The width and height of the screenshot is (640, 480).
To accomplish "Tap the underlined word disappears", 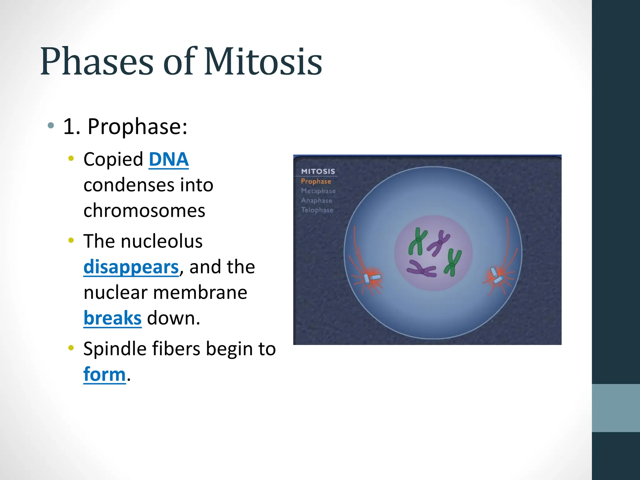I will tap(131, 267).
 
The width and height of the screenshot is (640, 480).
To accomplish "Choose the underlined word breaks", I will tap(112, 318).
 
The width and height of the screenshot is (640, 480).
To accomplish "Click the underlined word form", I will tap(104, 374).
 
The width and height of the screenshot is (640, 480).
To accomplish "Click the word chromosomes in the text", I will tap(144, 211).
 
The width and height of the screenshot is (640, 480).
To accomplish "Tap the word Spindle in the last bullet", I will tap(114, 349).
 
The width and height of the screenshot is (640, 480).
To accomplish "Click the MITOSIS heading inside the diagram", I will tap(318, 171).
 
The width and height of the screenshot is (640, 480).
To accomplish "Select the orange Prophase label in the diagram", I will tap(316, 181).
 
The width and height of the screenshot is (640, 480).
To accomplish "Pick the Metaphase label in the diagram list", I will tap(318, 191).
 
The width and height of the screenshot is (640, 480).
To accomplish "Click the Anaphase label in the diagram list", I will tap(316, 201).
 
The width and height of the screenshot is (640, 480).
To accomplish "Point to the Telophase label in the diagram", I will tap(317, 210).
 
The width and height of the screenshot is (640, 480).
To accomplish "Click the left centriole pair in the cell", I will tap(372, 278).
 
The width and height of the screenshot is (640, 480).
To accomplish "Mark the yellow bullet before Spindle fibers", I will tap(71, 347).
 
